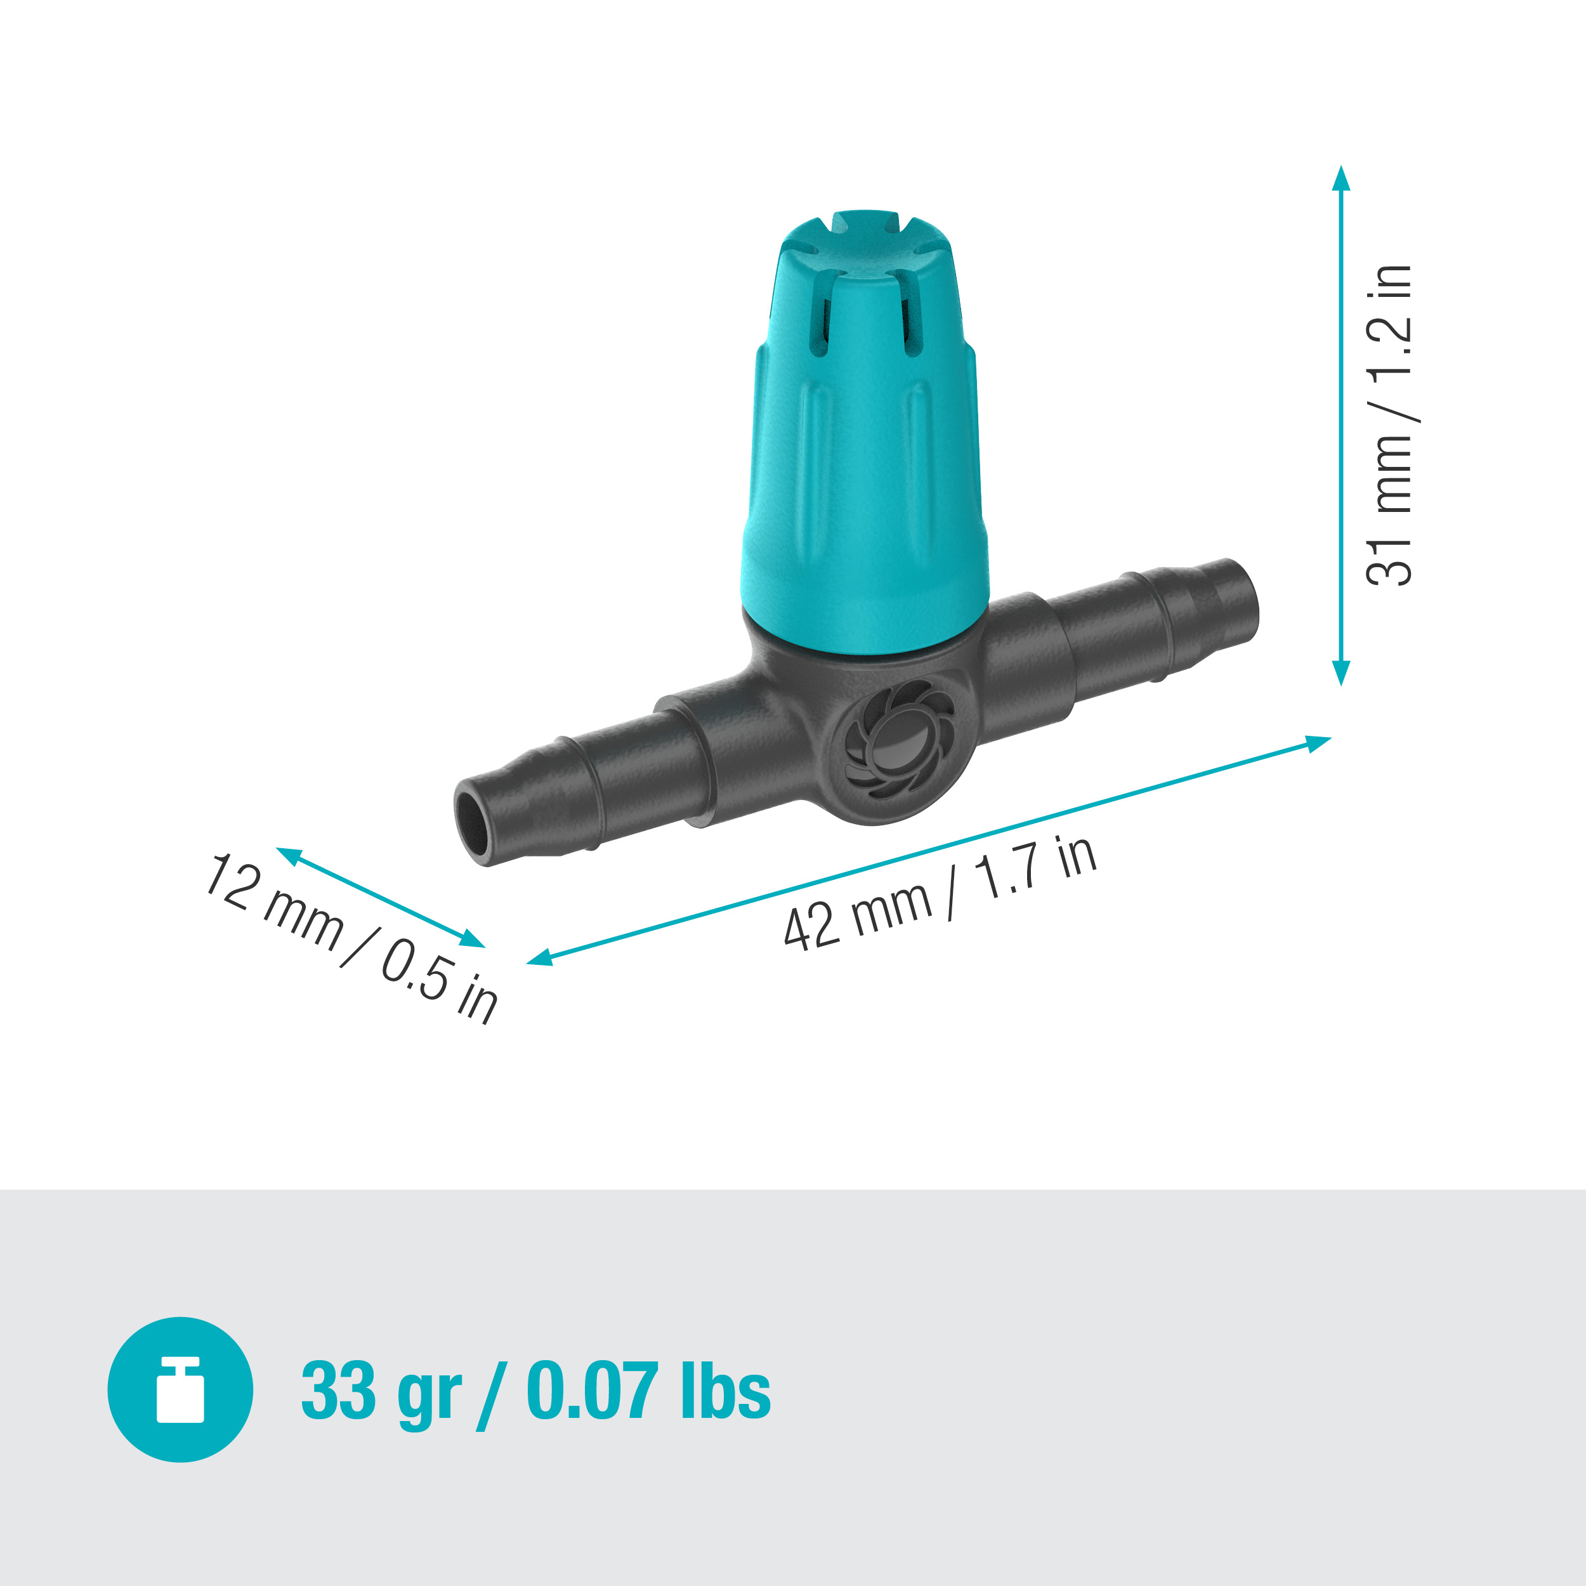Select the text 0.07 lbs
pos(648,1390)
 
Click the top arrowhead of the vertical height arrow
pos(1340,176)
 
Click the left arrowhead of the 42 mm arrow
pos(539,957)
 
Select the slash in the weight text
pos(492,1393)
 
